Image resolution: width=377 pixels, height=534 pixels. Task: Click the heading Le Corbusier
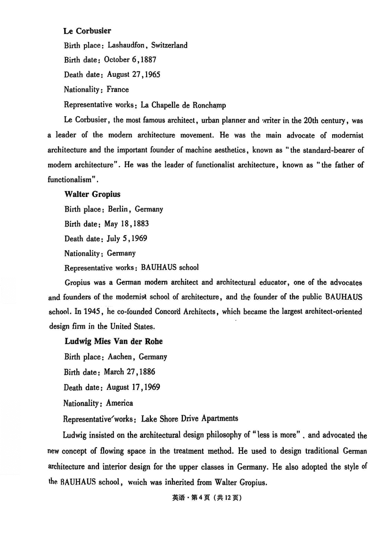coord(87,31)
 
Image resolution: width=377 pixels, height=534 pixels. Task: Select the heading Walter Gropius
coord(92,194)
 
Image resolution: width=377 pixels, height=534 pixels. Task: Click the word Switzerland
coord(170,45)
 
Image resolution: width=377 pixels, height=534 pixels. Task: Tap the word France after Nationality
coord(117,89)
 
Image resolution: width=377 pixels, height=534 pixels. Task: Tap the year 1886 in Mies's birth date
coord(147,372)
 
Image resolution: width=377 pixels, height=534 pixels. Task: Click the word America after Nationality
coord(120,403)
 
